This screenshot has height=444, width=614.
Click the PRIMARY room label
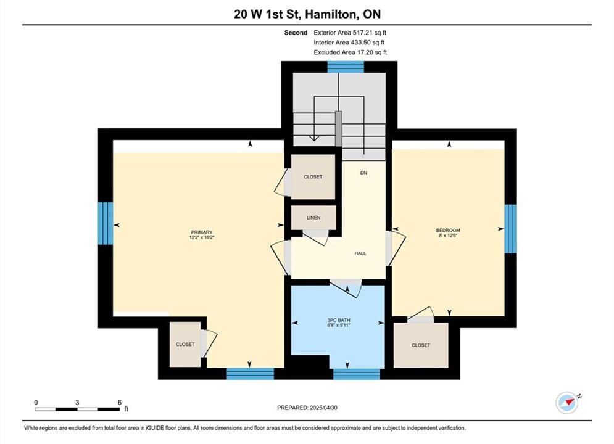pos(202,232)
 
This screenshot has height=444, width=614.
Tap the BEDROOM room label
pos(448,231)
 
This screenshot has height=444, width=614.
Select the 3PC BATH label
pos(339,320)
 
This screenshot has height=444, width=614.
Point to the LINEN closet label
pos(313,218)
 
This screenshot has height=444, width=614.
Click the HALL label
pos(360,253)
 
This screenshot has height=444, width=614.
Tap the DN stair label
pos(364,173)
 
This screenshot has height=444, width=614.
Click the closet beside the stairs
pos(313,177)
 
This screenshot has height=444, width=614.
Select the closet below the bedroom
pos(421,345)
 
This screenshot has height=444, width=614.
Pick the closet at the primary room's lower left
pos(185,344)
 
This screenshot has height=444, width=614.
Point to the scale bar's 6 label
pos(120,402)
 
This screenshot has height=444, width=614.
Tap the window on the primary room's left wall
pos(106,223)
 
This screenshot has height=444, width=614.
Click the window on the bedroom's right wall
pos(510,229)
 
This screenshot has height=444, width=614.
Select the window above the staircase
pos(346,67)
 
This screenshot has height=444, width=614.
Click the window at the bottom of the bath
pos(356,374)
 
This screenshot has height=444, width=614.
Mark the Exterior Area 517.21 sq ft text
pos(350,33)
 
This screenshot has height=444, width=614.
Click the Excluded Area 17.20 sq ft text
pos(350,52)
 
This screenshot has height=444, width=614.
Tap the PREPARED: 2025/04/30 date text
pos(307,408)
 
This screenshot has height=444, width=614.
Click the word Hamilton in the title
pos(331,14)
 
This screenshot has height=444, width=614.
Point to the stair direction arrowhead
pos(313,138)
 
